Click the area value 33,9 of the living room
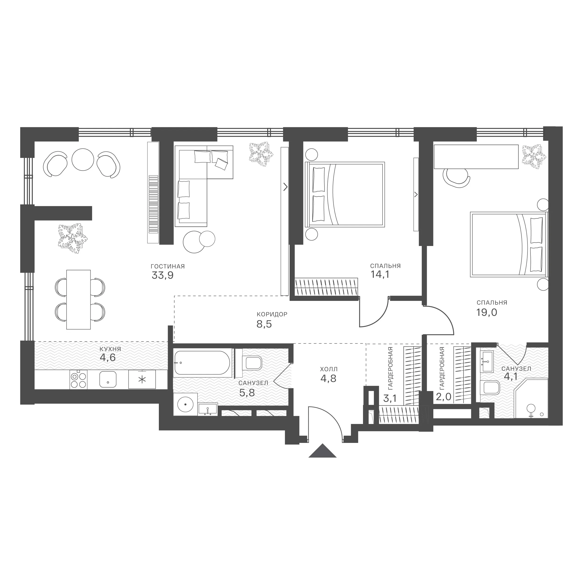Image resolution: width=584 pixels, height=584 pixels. (x=163, y=275)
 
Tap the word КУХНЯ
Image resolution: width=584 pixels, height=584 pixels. (x=110, y=349)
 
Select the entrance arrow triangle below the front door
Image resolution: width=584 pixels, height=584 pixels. (x=323, y=451)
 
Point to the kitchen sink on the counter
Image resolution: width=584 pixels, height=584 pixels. (x=108, y=380)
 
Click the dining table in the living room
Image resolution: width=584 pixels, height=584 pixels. (x=78, y=299)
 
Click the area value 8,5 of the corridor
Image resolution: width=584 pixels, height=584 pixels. (x=264, y=324)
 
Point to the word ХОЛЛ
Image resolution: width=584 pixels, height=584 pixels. (x=329, y=369)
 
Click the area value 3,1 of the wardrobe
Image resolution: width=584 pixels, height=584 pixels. (x=390, y=398)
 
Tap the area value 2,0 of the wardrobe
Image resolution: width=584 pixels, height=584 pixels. (x=443, y=396)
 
